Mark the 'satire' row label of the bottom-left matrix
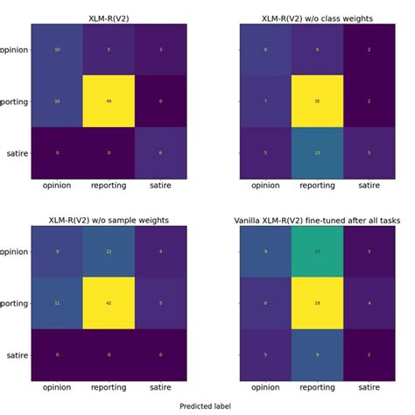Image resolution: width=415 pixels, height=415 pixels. pyautogui.click(x=12, y=355)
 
